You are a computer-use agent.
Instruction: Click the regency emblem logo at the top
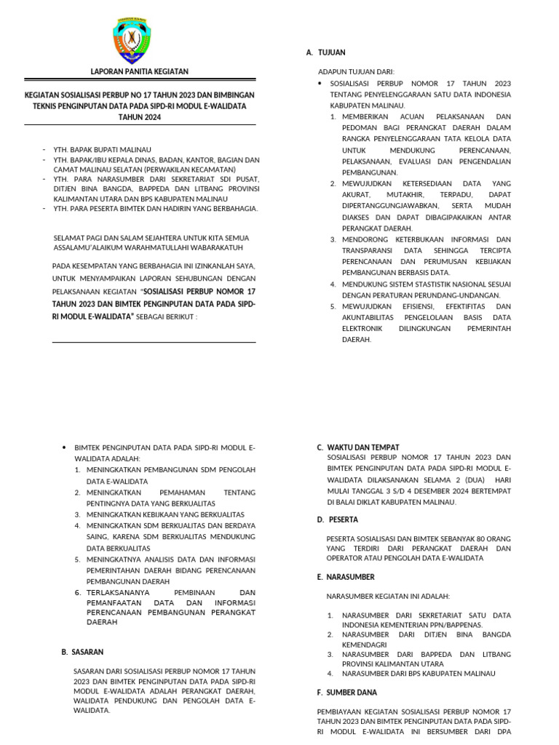tap(138, 41)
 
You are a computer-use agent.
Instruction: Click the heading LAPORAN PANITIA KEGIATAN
tap(139, 71)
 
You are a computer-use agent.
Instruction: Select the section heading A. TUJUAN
tap(325, 52)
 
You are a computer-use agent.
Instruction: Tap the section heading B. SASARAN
tap(82, 652)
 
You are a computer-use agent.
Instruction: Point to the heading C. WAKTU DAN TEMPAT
tap(357, 447)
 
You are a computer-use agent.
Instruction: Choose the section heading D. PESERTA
tap(338, 519)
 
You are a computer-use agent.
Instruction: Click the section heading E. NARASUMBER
tap(346, 577)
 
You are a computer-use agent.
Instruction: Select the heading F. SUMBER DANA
tap(346, 692)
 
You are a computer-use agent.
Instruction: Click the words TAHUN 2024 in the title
tap(138, 117)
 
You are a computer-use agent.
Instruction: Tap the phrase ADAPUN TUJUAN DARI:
tap(356, 72)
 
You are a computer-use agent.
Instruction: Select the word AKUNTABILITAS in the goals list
tap(372, 317)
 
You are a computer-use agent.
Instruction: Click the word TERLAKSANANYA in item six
tap(117, 592)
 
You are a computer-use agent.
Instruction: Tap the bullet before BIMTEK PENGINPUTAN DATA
tap(66, 448)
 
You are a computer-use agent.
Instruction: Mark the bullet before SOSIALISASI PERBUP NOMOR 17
tap(321, 84)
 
